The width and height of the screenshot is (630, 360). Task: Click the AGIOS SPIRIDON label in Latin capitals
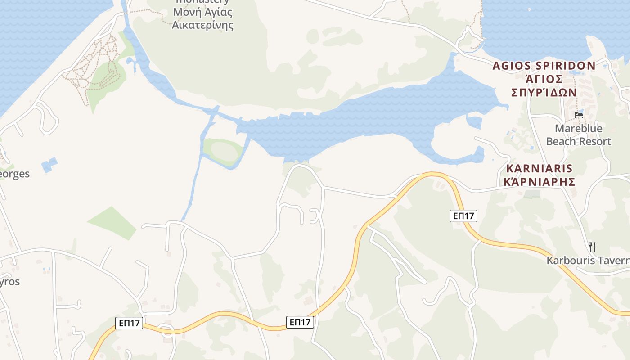[544, 66]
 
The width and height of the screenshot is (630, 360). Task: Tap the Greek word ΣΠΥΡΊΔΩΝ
[544, 92]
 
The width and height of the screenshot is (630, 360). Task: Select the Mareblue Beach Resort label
[578, 135]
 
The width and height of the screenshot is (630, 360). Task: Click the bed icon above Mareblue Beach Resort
[579, 115]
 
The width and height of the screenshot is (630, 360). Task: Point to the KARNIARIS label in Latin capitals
[540, 169]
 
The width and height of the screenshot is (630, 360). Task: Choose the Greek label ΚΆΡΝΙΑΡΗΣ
[540, 182]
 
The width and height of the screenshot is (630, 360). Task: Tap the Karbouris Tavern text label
[588, 261]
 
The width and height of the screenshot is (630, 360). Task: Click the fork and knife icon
[592, 247]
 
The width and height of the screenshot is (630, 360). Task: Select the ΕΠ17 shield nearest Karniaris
[463, 216]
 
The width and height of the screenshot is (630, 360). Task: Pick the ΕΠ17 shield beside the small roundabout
[129, 323]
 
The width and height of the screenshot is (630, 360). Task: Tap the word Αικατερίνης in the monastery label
[202, 25]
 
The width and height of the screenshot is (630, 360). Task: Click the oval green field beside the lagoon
[223, 151]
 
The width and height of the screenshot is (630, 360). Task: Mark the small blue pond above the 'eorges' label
[49, 165]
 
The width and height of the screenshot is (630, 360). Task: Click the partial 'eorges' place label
[14, 174]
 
